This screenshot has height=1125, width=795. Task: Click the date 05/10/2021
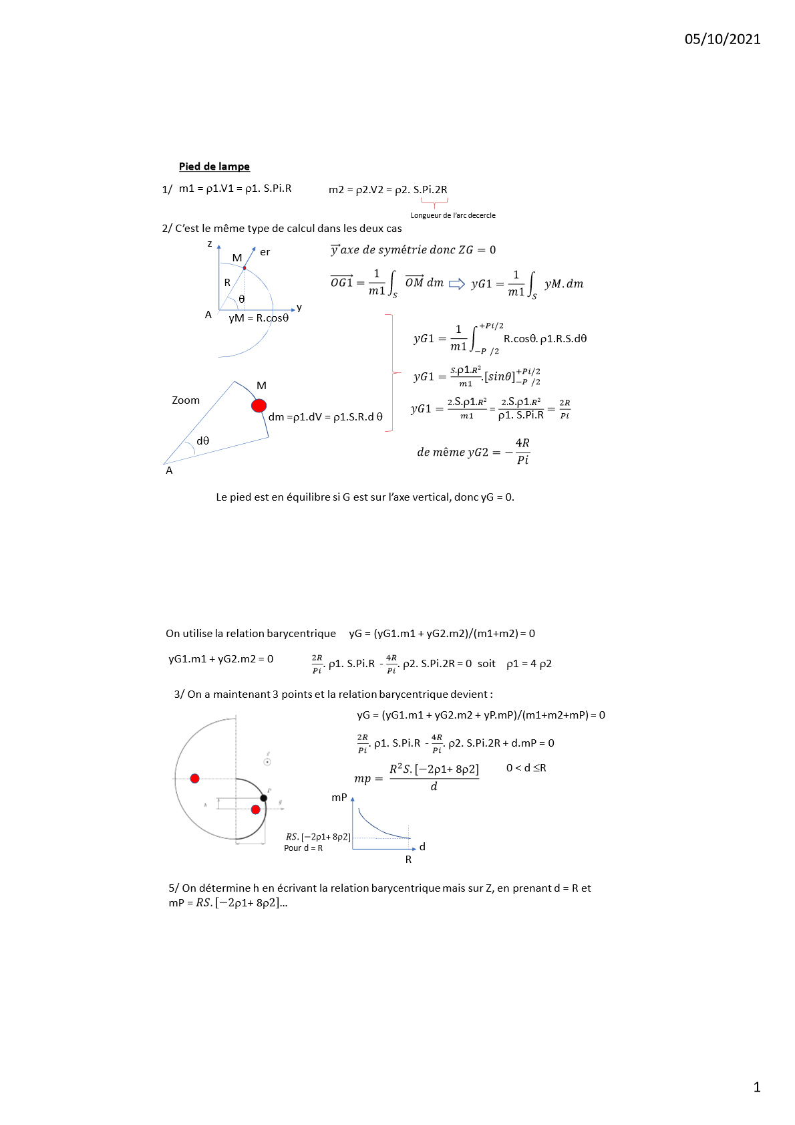722,39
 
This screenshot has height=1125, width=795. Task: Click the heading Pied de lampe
214,166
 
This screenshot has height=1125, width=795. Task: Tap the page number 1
757,1088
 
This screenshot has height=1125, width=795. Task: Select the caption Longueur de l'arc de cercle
452,215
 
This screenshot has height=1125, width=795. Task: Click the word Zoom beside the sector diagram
186,400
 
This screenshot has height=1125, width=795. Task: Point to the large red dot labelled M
259,405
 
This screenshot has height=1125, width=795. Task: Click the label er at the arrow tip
265,252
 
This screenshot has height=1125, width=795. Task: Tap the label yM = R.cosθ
259,318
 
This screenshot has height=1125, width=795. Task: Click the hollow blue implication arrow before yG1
457,284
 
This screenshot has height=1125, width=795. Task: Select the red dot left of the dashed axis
194,778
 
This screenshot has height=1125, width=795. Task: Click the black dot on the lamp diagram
264,798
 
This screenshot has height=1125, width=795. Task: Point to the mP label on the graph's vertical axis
339,797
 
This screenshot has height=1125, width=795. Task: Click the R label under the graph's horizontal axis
408,860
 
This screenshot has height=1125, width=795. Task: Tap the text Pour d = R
303,848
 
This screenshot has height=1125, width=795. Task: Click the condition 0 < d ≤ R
526,768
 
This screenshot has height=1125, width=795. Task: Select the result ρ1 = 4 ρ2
528,664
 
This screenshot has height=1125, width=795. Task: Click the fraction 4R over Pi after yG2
522,452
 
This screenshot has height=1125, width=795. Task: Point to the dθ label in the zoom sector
202,441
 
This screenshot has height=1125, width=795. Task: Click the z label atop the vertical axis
210,243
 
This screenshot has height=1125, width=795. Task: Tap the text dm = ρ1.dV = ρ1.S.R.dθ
325,417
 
